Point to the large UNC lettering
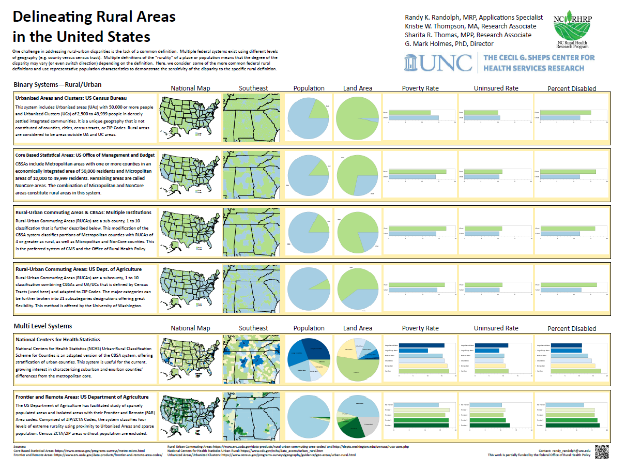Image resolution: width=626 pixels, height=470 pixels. point(439,62)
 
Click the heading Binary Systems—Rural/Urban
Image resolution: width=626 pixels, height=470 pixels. point(57,84)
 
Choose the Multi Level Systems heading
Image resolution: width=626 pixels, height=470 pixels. point(43,326)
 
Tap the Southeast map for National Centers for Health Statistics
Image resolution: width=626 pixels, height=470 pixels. point(253,360)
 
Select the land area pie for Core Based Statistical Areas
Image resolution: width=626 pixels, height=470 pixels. point(357,176)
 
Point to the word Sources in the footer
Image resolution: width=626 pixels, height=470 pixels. point(20,446)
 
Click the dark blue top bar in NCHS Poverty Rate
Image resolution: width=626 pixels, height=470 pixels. point(421,345)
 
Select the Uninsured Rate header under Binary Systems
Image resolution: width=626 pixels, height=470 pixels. point(496,88)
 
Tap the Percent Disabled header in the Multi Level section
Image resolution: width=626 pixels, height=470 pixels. point(572,328)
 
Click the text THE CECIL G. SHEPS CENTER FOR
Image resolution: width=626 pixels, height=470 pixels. point(539,57)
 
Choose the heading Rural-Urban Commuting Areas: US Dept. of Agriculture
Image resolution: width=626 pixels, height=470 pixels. point(79,269)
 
